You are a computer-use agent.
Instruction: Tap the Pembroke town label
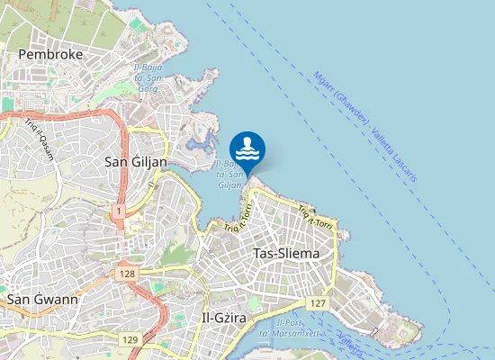50,55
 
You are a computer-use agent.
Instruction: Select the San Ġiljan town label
136,162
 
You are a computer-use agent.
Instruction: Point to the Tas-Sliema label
286,254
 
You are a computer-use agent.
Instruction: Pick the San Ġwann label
42,298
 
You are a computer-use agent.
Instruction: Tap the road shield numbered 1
118,210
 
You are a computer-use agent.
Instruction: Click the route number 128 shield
126,271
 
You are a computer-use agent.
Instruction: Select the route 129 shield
130,339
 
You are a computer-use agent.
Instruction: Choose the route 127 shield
316,304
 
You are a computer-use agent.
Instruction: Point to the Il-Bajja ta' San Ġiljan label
229,175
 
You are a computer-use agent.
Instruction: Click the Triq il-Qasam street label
40,137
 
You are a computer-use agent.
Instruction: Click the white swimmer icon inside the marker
247,147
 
